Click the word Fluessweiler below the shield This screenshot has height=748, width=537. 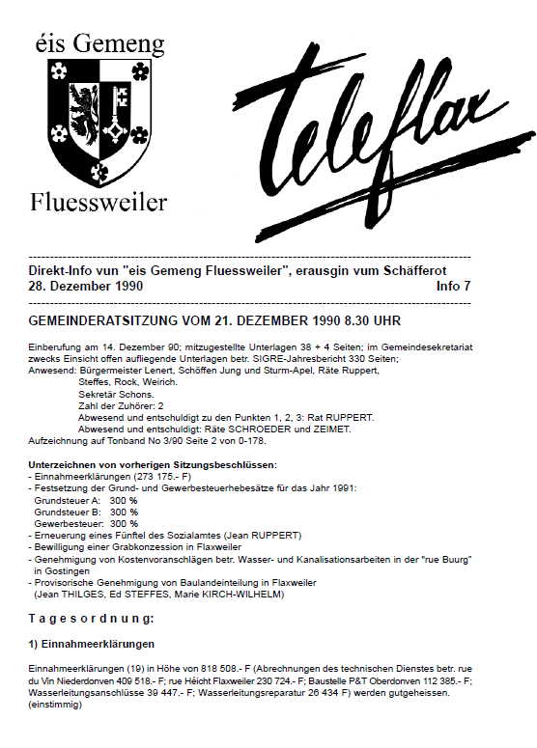(99, 202)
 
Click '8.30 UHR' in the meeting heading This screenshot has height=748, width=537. (372, 320)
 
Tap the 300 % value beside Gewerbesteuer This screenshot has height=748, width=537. (124, 523)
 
